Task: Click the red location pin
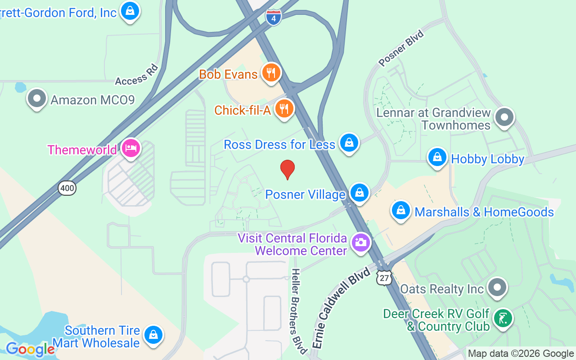288,169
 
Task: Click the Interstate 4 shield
273,18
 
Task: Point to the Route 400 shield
67,188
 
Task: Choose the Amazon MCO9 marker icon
37,98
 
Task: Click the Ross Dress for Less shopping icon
349,143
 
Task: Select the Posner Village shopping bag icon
359,193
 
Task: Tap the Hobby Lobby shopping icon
437,157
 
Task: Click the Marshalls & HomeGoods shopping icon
400,210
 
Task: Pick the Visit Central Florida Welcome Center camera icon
360,243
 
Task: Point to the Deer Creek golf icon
503,319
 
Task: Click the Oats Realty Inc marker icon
497,287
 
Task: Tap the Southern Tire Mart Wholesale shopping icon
153,335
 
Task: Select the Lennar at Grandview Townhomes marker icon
504,117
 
